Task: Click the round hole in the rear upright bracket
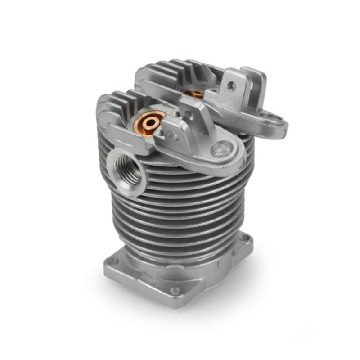[x=231, y=85]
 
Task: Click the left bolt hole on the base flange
[x=113, y=261]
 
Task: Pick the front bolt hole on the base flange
[x=174, y=291]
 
